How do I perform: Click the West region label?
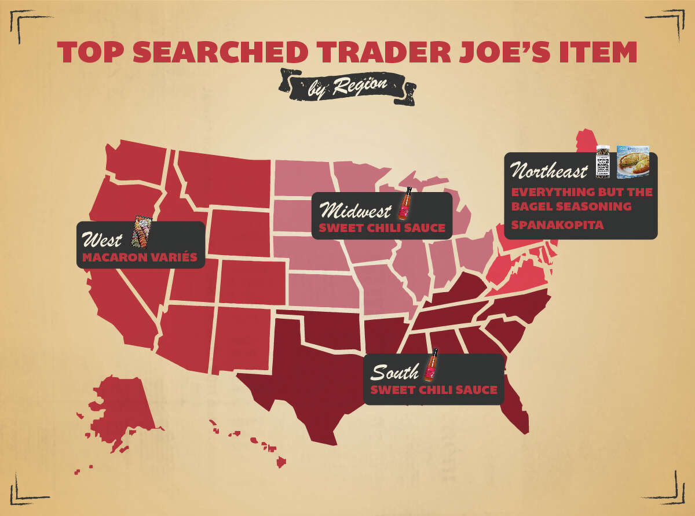[x=103, y=239]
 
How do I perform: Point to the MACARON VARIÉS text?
[x=140, y=257]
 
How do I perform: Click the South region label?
[x=394, y=372]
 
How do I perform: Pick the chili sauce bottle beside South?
[x=431, y=366]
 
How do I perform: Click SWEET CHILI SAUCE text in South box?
[x=434, y=390]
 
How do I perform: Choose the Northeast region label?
[x=549, y=171]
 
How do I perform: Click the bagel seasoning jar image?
[x=603, y=161]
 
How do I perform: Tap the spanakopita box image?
[x=632, y=161]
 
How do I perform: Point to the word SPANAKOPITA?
[x=557, y=224]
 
